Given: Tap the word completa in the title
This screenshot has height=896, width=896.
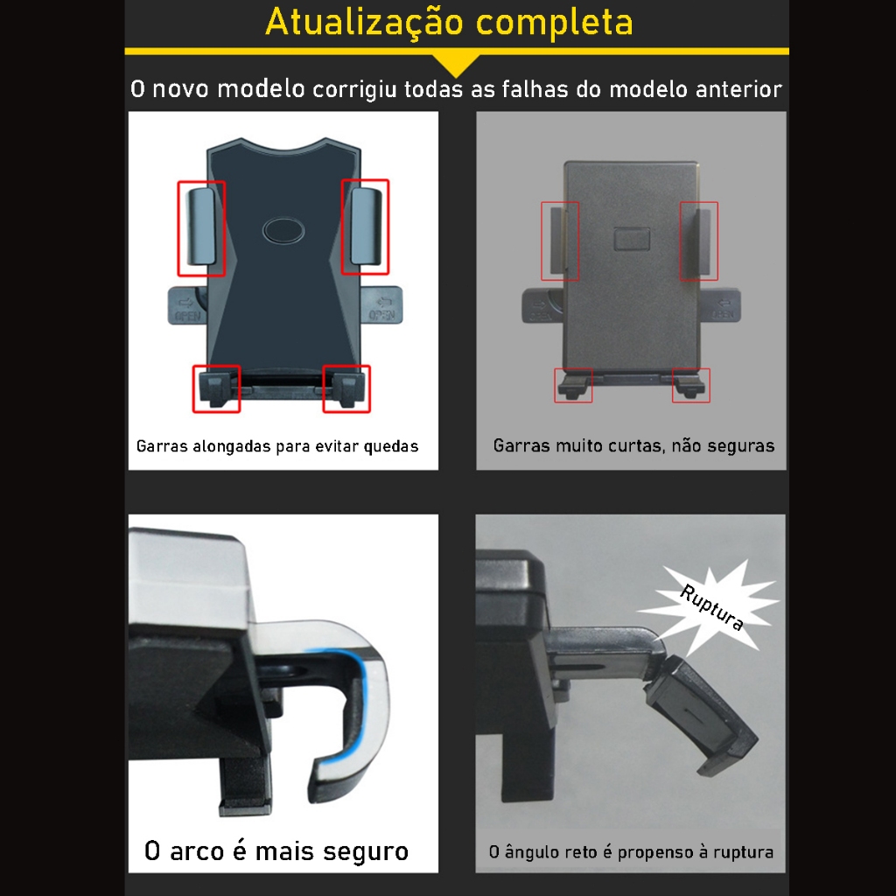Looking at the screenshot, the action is [554, 23].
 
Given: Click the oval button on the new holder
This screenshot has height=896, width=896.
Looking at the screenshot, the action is [283, 231].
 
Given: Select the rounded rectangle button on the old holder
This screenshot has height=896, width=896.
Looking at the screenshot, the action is [632, 239].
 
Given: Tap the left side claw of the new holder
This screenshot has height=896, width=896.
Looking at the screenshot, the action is [202, 227].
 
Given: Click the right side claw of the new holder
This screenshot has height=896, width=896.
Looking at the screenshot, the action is [366, 227].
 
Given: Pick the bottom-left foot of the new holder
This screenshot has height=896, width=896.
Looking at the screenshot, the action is [217, 388].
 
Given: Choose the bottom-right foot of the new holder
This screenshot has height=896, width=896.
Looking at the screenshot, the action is [346, 388].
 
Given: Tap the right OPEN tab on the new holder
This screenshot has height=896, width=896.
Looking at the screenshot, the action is [381, 305].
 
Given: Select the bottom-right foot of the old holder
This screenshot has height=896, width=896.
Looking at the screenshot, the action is [690, 386].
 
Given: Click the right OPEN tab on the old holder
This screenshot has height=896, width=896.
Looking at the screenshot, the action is [721, 306].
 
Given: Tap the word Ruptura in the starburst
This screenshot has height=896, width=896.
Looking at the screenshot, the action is [711, 607].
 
